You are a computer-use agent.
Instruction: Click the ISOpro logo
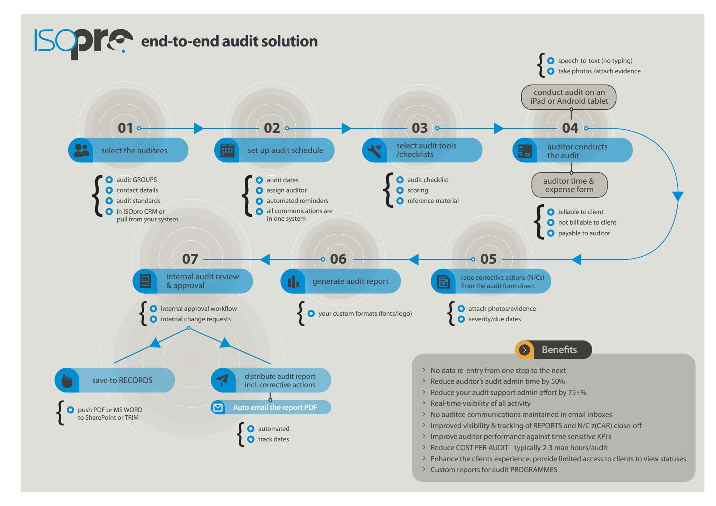click(x=83, y=43)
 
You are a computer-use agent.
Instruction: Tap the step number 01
click(x=125, y=128)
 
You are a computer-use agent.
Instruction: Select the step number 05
click(x=488, y=259)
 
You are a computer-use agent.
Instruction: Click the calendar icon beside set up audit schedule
click(x=227, y=150)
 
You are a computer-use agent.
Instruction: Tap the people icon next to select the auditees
click(x=81, y=150)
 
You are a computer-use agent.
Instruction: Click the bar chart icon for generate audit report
click(x=293, y=281)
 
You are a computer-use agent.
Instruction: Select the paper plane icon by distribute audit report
click(x=222, y=380)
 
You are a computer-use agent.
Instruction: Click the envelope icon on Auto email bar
click(x=218, y=407)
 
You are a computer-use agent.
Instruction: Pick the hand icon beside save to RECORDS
click(x=67, y=380)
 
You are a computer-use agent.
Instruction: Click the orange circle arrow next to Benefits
click(x=524, y=350)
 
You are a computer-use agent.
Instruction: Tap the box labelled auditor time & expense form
click(x=569, y=185)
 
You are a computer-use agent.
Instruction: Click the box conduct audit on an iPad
click(x=569, y=97)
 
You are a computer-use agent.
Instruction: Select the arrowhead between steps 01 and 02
click(x=199, y=128)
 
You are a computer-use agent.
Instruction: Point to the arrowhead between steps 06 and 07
click(x=265, y=259)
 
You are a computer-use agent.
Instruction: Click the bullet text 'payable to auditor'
click(x=584, y=233)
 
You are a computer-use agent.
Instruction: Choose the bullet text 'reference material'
click(x=433, y=201)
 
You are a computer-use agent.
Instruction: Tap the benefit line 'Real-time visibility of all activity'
click(x=480, y=403)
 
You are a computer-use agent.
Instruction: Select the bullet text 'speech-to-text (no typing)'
click(x=595, y=61)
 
